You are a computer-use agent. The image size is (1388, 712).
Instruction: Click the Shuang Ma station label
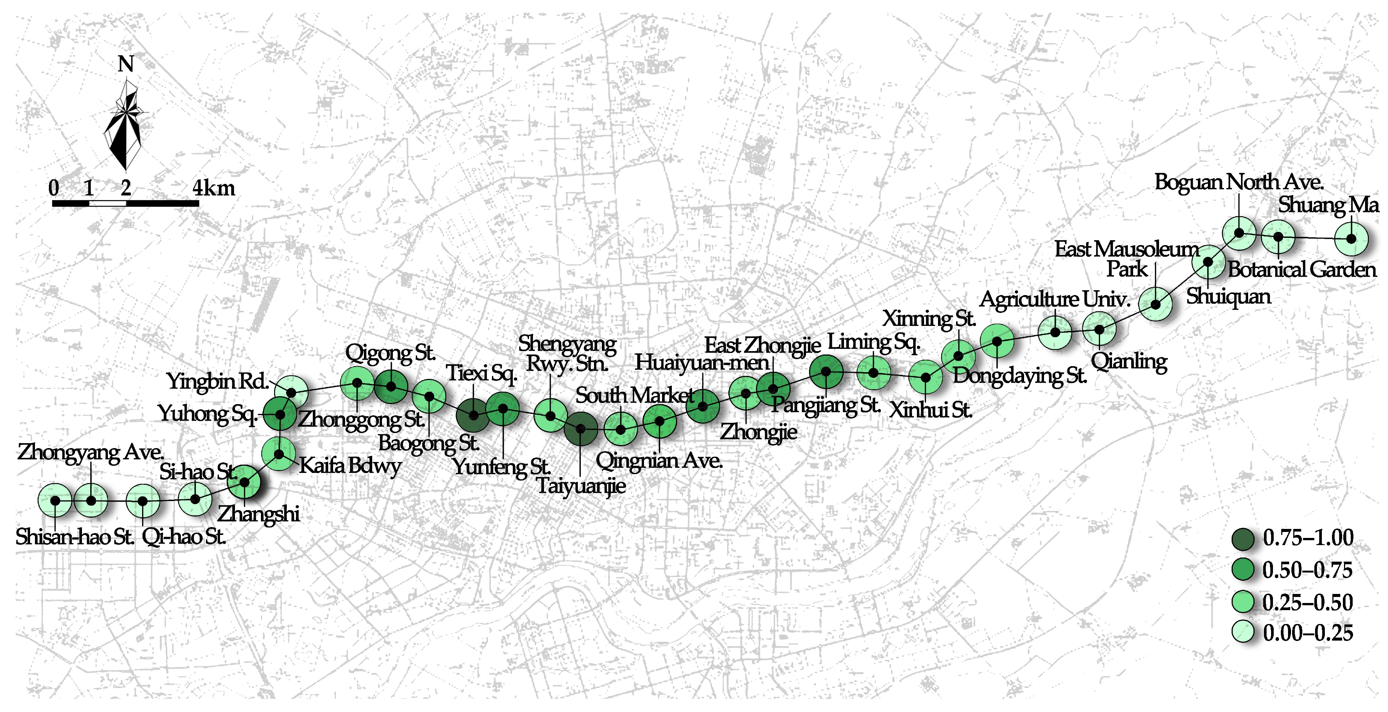tap(1328, 205)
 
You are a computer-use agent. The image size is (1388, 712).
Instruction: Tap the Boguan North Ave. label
tap(1238, 182)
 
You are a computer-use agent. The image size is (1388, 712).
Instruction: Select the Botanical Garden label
tap(1301, 269)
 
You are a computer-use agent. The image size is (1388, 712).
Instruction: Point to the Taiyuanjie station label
tap(581, 486)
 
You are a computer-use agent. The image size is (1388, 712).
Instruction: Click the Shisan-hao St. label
tap(74, 537)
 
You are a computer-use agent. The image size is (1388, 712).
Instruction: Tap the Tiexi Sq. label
tap(481, 373)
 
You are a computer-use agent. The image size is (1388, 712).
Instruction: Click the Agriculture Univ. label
tap(1055, 299)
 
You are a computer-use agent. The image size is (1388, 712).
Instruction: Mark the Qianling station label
tap(1129, 361)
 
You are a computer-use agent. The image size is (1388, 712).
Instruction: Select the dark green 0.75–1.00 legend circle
tap(1243, 538)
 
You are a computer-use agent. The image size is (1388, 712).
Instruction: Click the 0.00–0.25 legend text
tap(1308, 633)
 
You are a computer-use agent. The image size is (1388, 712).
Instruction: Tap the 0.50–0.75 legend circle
tap(1243, 570)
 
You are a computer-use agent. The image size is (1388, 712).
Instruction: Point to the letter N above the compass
tap(126, 64)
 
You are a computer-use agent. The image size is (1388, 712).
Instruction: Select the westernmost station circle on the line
tap(55, 501)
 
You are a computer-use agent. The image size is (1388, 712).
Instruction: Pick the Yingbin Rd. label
tap(217, 382)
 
